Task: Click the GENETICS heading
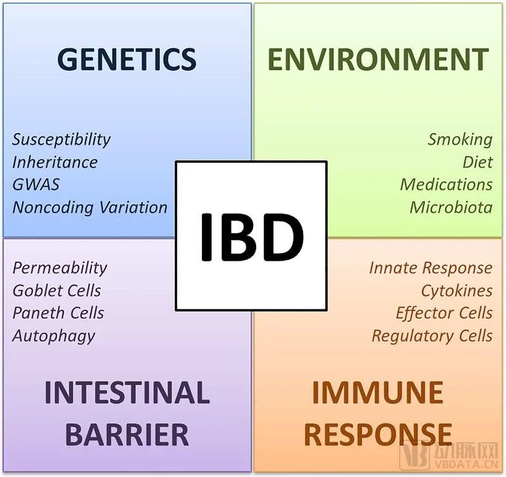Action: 126,59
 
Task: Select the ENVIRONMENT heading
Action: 378,59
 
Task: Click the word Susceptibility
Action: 61,139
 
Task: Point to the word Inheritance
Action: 55,162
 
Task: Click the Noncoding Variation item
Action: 90,207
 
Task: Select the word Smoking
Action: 460,139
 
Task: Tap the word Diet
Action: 478,162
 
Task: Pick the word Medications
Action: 446,184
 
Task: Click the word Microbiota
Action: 450,207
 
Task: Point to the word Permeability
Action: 59,268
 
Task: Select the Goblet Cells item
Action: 56,290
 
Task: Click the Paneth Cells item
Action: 58,313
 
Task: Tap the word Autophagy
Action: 53,335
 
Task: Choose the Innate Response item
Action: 430,268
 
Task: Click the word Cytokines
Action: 457,290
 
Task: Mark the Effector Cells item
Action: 444,313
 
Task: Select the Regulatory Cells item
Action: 432,335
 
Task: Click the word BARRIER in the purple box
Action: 127,435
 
